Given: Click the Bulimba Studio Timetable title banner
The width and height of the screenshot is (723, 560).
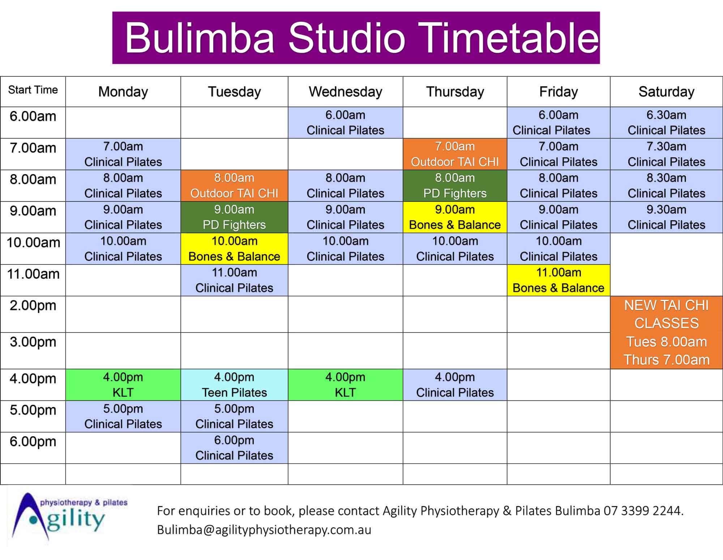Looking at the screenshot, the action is pos(356,38).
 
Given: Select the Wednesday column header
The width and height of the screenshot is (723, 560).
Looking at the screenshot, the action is pos(346,92).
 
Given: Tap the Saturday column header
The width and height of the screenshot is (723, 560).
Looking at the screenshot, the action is pos(666,92).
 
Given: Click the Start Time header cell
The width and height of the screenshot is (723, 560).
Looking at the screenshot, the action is pos(33,92).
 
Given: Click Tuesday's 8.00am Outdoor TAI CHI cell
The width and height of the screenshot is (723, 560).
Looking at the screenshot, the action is pos(234,186).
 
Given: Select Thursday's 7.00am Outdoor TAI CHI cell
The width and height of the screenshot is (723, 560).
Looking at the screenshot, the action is pos(455,154).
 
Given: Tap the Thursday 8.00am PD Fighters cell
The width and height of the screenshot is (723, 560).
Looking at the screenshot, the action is pos(455,186).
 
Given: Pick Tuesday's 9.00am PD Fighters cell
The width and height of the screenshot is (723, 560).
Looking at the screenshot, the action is pos(234,217).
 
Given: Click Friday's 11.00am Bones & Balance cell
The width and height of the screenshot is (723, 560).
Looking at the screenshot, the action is pos(559,280).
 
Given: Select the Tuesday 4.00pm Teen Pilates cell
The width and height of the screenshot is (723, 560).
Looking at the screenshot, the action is pos(234,385).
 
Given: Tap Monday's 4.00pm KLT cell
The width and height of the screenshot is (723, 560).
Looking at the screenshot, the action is pos(123,385).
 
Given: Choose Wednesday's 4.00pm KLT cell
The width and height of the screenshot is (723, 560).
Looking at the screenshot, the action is pos(346,385).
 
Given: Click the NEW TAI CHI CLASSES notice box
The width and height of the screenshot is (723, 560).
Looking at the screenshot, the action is pos(666,332).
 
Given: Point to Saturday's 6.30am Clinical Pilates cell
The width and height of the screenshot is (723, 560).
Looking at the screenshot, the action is pos(666,122).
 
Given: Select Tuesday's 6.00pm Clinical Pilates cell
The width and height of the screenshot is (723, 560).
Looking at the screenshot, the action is pos(234,448).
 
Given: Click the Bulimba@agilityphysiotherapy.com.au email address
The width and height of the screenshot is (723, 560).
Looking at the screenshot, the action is pos(264,530).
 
